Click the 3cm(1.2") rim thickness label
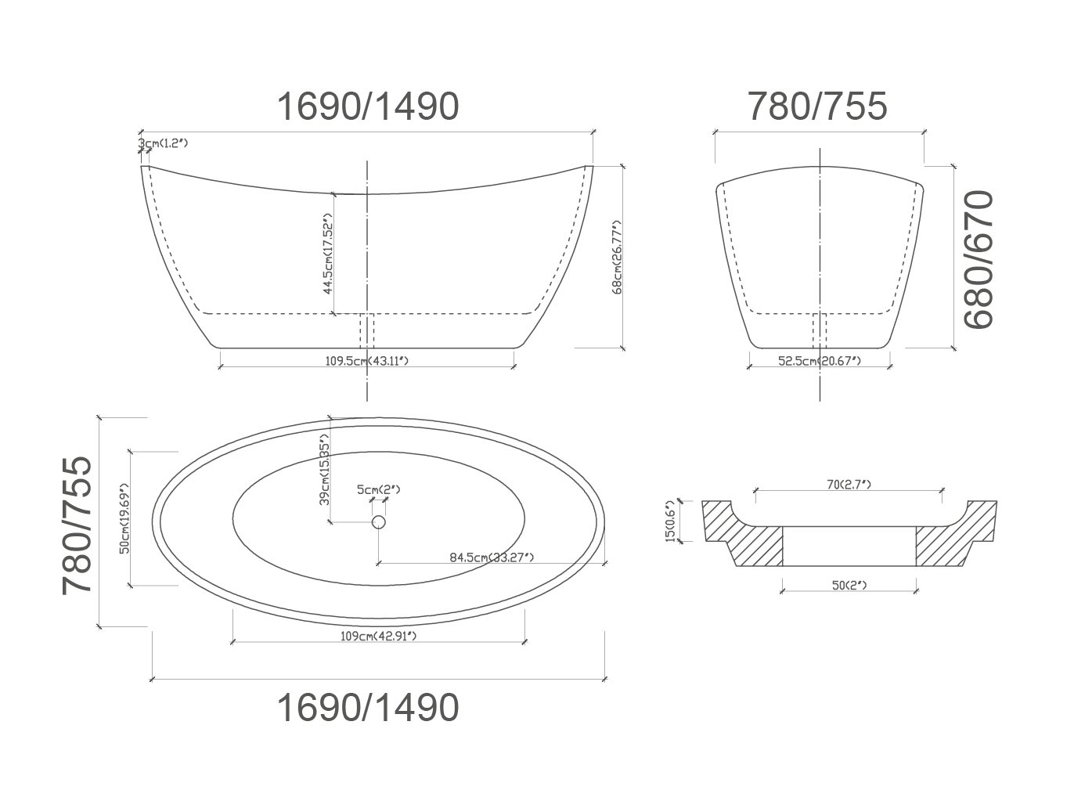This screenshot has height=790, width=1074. (x=164, y=144)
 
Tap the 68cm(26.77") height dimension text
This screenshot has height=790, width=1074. (x=617, y=256)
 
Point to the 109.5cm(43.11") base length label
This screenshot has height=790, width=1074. (x=367, y=361)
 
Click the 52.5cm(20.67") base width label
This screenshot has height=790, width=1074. (x=819, y=361)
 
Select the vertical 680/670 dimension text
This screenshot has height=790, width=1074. (x=978, y=259)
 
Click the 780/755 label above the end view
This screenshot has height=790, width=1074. (x=818, y=106)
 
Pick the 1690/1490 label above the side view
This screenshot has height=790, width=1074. (x=367, y=106)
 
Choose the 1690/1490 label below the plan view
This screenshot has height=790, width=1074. (x=367, y=708)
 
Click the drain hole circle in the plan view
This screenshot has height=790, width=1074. (x=379, y=522)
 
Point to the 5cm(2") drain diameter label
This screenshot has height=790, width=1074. (x=379, y=490)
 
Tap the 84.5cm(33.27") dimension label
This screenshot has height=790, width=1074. (x=492, y=557)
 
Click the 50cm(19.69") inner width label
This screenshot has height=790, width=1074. (x=124, y=518)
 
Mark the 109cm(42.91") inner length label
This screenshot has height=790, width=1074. (x=378, y=636)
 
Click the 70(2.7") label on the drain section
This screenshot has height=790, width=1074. (x=849, y=485)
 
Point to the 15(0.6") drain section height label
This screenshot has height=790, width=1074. (x=670, y=521)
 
